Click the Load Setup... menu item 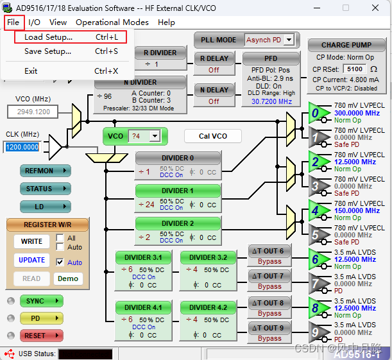point(48,37)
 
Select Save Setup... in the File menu point(48,51)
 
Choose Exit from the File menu point(31,71)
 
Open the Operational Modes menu point(112,22)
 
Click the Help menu point(166,22)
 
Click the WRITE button point(31,241)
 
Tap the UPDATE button point(31,260)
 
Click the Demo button point(67,279)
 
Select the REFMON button point(43,171)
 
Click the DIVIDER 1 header point(178,191)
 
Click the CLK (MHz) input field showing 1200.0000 point(23,147)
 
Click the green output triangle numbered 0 point(316,113)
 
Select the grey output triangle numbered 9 point(316,332)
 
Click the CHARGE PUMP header point(346,45)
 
